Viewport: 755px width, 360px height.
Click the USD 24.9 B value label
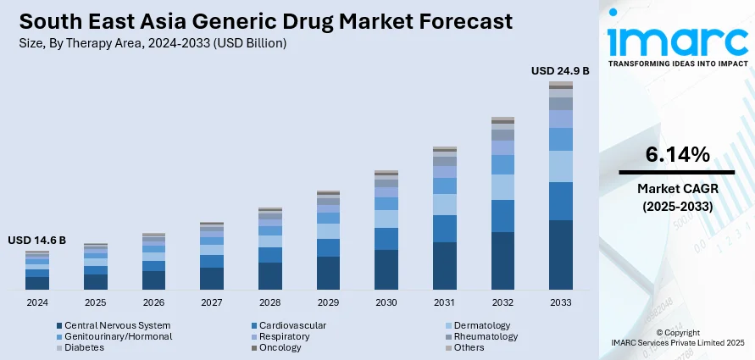pos(560,70)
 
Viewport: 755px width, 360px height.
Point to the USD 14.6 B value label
pos(37,241)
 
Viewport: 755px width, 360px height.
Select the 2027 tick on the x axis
pos(211,302)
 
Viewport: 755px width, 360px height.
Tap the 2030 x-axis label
pos(386,302)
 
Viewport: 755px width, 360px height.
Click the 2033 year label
pos(560,302)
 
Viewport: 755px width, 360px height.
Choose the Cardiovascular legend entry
pos(293,325)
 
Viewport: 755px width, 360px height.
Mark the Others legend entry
pos(469,347)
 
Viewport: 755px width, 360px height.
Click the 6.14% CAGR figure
pos(677,155)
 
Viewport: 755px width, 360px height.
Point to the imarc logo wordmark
pos(677,41)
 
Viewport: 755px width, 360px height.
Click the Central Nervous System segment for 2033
pos(560,255)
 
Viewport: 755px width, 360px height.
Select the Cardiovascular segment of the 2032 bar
pos(502,216)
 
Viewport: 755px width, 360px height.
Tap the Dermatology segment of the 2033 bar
pos(560,167)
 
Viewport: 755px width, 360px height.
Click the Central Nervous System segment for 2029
pos(328,273)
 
